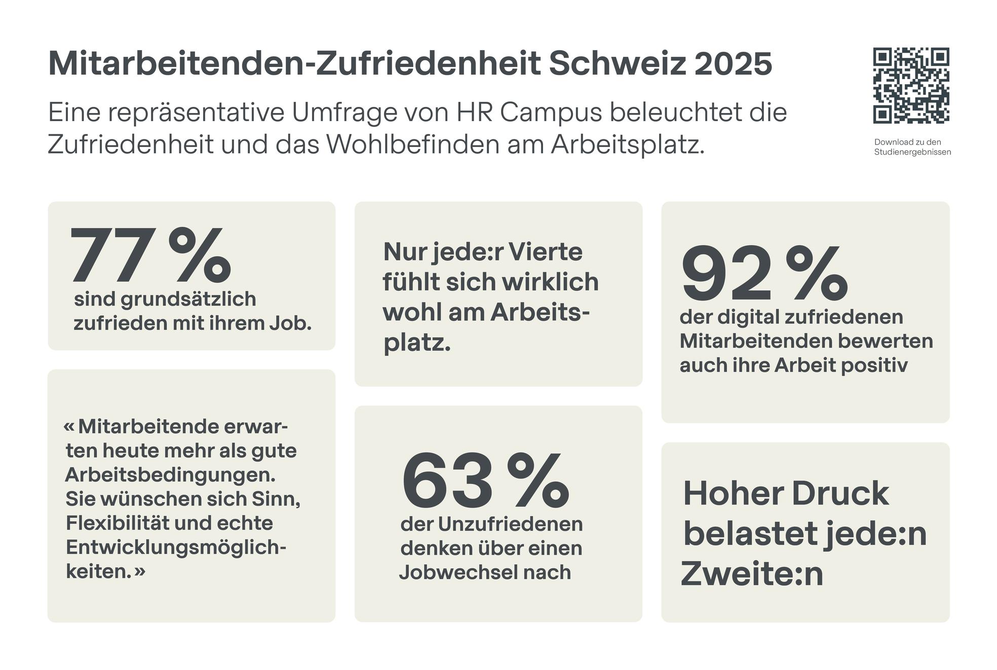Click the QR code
point(911,86)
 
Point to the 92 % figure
point(764,274)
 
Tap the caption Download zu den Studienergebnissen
point(912,147)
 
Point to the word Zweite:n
point(752,574)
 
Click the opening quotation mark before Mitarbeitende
point(69,427)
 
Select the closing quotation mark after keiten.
point(140,572)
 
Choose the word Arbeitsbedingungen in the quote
point(171,475)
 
